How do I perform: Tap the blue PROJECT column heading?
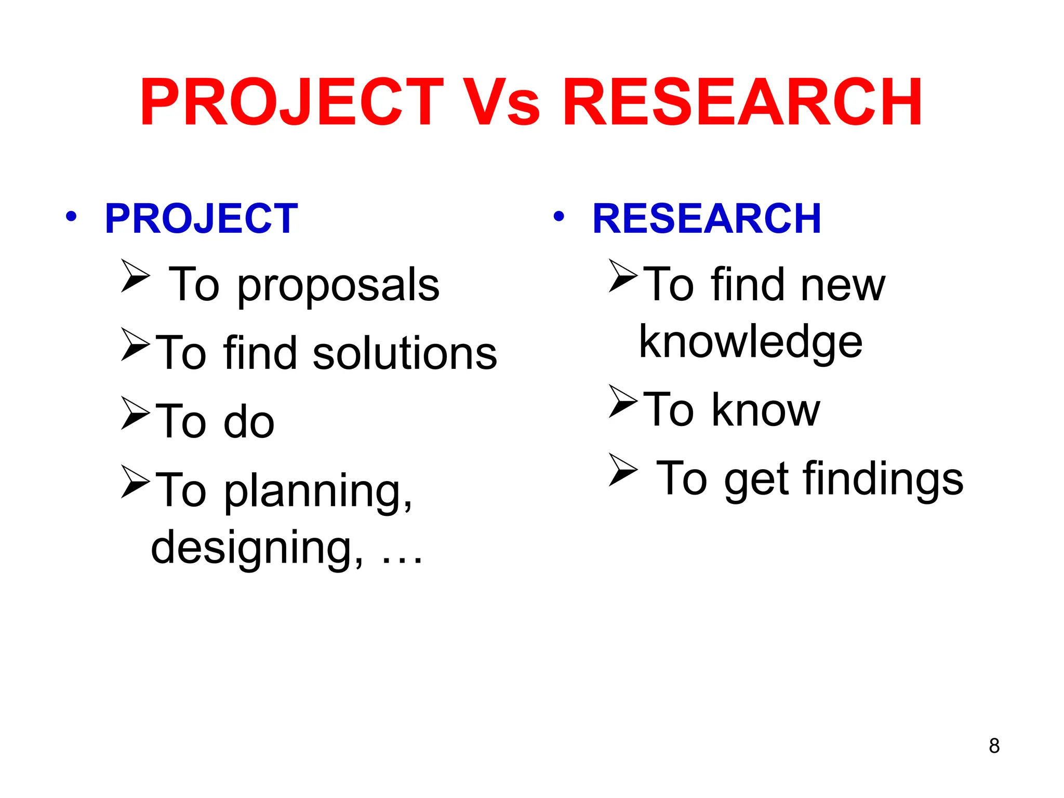coord(202,219)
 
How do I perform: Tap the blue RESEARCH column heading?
coord(707,219)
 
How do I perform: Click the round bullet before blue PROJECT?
coord(71,216)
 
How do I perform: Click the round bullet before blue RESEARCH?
coord(558,216)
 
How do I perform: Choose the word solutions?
coord(405,354)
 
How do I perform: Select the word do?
coord(249,422)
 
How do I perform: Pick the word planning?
coord(318,491)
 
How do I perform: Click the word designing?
coord(257,549)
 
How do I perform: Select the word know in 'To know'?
coord(766,410)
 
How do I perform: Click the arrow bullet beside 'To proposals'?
coord(135,275)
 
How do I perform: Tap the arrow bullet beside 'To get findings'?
coord(622,469)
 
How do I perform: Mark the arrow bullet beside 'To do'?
coord(135,413)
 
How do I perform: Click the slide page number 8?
coord(994,746)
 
